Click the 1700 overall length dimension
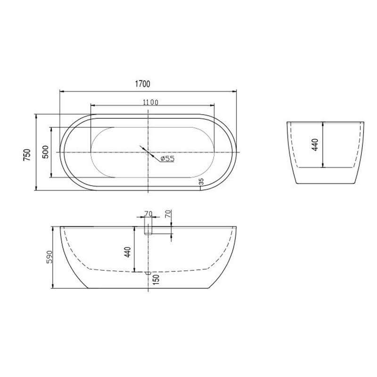[143, 84]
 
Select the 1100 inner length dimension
[151, 102]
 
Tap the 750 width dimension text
[27, 155]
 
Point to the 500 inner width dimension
[45, 152]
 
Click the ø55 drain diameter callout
[167, 159]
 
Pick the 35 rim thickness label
[202, 181]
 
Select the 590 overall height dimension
[49, 257]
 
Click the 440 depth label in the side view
[127, 252]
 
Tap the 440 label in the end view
[315, 145]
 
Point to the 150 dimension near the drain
[156, 279]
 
